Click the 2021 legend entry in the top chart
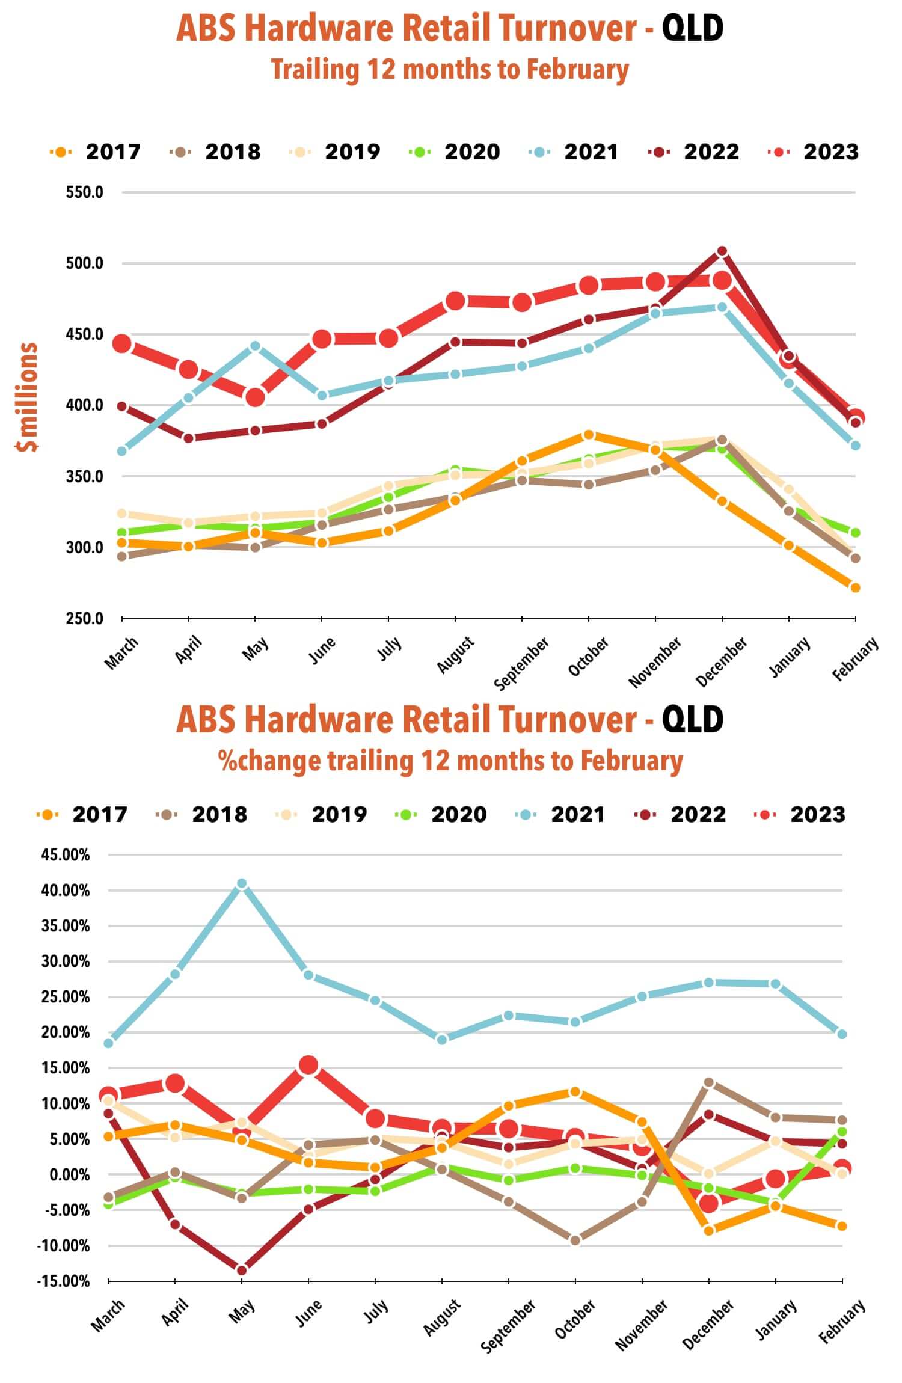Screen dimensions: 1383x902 coord(574,152)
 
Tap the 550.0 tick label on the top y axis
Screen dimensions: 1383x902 coord(85,192)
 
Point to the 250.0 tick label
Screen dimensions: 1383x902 coord(85,618)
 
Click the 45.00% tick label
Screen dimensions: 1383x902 coord(65,854)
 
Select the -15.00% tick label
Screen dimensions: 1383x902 coord(63,1281)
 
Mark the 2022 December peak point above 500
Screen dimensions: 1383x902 coord(722,251)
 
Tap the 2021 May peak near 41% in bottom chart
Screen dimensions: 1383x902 coord(242,883)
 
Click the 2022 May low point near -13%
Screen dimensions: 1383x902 coord(242,1270)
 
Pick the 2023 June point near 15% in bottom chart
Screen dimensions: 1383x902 coord(308,1065)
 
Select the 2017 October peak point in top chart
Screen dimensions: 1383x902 coord(589,435)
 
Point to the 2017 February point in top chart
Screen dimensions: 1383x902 coord(855,587)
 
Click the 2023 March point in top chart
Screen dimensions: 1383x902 coord(122,344)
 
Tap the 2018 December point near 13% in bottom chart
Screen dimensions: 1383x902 coord(709,1082)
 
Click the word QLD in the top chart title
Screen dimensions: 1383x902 coord(693,28)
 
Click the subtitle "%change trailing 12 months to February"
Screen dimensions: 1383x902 coord(451,761)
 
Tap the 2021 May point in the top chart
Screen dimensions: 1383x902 coord(255,346)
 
